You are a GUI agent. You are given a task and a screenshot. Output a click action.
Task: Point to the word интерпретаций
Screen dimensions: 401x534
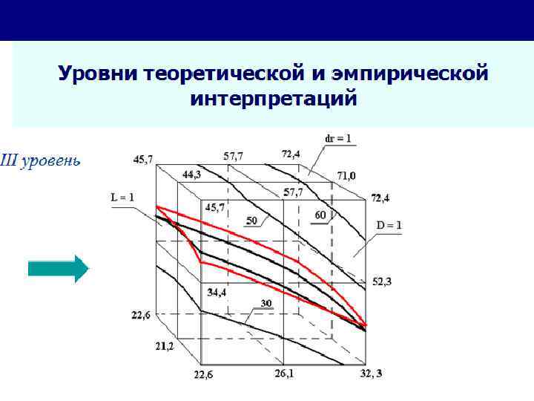[273, 99]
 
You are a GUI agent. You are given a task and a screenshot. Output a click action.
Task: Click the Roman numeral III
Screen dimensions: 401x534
[9, 160]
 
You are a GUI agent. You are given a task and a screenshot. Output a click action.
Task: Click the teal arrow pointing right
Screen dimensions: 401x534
[58, 268]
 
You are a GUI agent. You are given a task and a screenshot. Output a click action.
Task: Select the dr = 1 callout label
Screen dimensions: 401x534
[338, 139]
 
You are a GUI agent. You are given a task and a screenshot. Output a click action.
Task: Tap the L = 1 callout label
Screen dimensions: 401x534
[123, 198]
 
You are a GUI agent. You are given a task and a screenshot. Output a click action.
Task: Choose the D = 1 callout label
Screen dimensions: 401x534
[389, 224]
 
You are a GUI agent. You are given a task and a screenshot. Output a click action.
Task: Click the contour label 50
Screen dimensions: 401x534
[251, 221]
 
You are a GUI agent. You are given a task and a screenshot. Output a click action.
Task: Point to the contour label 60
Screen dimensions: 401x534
[320, 215]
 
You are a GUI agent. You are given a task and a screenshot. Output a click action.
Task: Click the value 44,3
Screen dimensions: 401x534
[191, 175]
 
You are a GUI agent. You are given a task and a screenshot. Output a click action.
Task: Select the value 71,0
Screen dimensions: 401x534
[346, 176]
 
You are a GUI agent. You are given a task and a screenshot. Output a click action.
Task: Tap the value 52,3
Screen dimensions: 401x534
[382, 282]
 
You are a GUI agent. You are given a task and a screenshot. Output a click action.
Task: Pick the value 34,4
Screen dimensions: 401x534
[217, 293]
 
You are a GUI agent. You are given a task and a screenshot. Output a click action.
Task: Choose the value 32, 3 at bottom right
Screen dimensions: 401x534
[372, 373]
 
